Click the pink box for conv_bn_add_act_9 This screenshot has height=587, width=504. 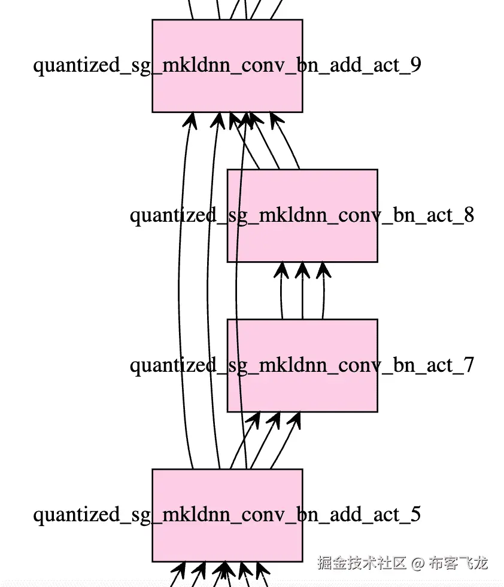[x=227, y=90]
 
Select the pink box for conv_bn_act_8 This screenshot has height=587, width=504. [x=302, y=239]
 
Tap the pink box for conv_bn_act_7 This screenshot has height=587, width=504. [x=302, y=389]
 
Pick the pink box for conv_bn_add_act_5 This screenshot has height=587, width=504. [x=227, y=538]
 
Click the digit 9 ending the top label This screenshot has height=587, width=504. [x=414, y=65]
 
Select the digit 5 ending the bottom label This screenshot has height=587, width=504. [x=414, y=514]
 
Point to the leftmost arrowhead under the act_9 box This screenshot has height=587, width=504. [x=190, y=121]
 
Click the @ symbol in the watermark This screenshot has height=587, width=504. [x=418, y=563]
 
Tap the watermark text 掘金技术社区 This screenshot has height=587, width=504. [x=362, y=563]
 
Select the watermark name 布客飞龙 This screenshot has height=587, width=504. [x=459, y=563]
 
